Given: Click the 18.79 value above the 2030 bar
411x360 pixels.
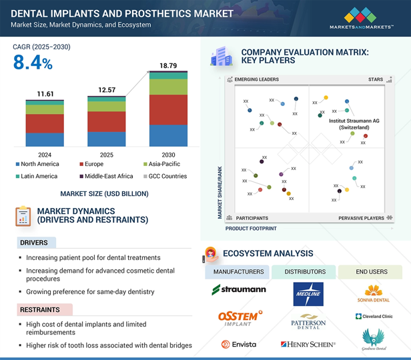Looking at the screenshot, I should [168, 65].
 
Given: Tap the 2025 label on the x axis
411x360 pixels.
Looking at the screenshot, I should [106, 155].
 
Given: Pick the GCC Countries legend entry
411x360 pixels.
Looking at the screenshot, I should [164, 176].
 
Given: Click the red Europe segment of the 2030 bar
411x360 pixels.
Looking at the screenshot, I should [168, 109].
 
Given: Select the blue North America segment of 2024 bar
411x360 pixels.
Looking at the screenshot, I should [45, 139].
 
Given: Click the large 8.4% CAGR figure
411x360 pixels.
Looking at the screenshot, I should [33, 63].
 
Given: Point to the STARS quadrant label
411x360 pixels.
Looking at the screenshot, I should [376, 80].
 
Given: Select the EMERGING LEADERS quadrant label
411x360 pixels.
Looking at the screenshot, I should [256, 80].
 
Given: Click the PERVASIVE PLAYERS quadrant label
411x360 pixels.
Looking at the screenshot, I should [361, 218].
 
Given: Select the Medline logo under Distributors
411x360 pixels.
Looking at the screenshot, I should [308, 294].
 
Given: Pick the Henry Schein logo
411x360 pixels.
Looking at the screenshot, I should [308, 344].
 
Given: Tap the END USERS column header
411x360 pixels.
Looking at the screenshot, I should [370, 272].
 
